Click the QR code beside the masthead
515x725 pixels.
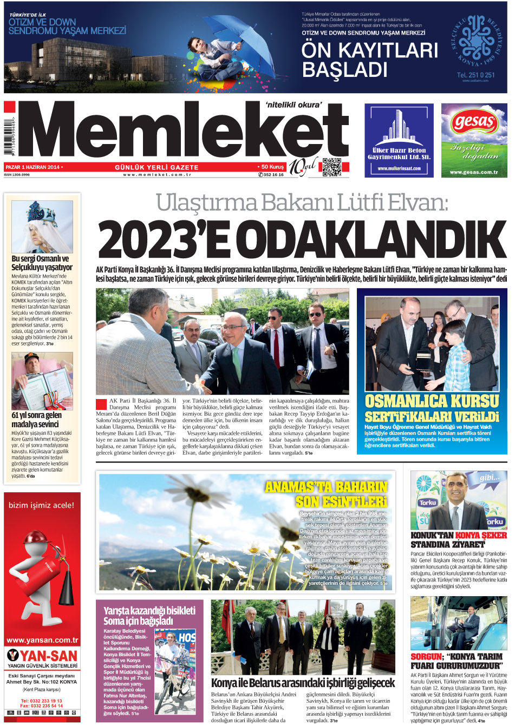pyautogui.click(x=332, y=167)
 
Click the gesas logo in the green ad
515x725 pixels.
pyautogui.click(x=474, y=122)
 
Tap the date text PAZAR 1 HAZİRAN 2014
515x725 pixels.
pyautogui.click(x=32, y=167)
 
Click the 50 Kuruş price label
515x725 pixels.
pyautogui.click(x=272, y=167)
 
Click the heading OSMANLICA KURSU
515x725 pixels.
pyautogui.click(x=432, y=401)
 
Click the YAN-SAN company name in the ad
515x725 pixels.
pyautogui.click(x=48, y=656)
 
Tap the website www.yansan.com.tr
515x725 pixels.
pyautogui.click(x=42, y=640)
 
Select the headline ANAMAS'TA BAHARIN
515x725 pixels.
pyautogui.click(x=327, y=487)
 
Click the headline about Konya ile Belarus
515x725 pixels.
pyautogui.click(x=303, y=683)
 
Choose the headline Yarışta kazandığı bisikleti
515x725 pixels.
pyautogui.click(x=149, y=610)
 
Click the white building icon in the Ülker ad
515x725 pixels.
pyautogui.click(x=399, y=127)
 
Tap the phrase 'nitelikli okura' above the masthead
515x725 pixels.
pyautogui.click(x=294, y=105)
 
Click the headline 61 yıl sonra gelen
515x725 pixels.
pyautogui.click(x=37, y=415)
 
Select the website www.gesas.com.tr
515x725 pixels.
pyautogui.click(x=474, y=172)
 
